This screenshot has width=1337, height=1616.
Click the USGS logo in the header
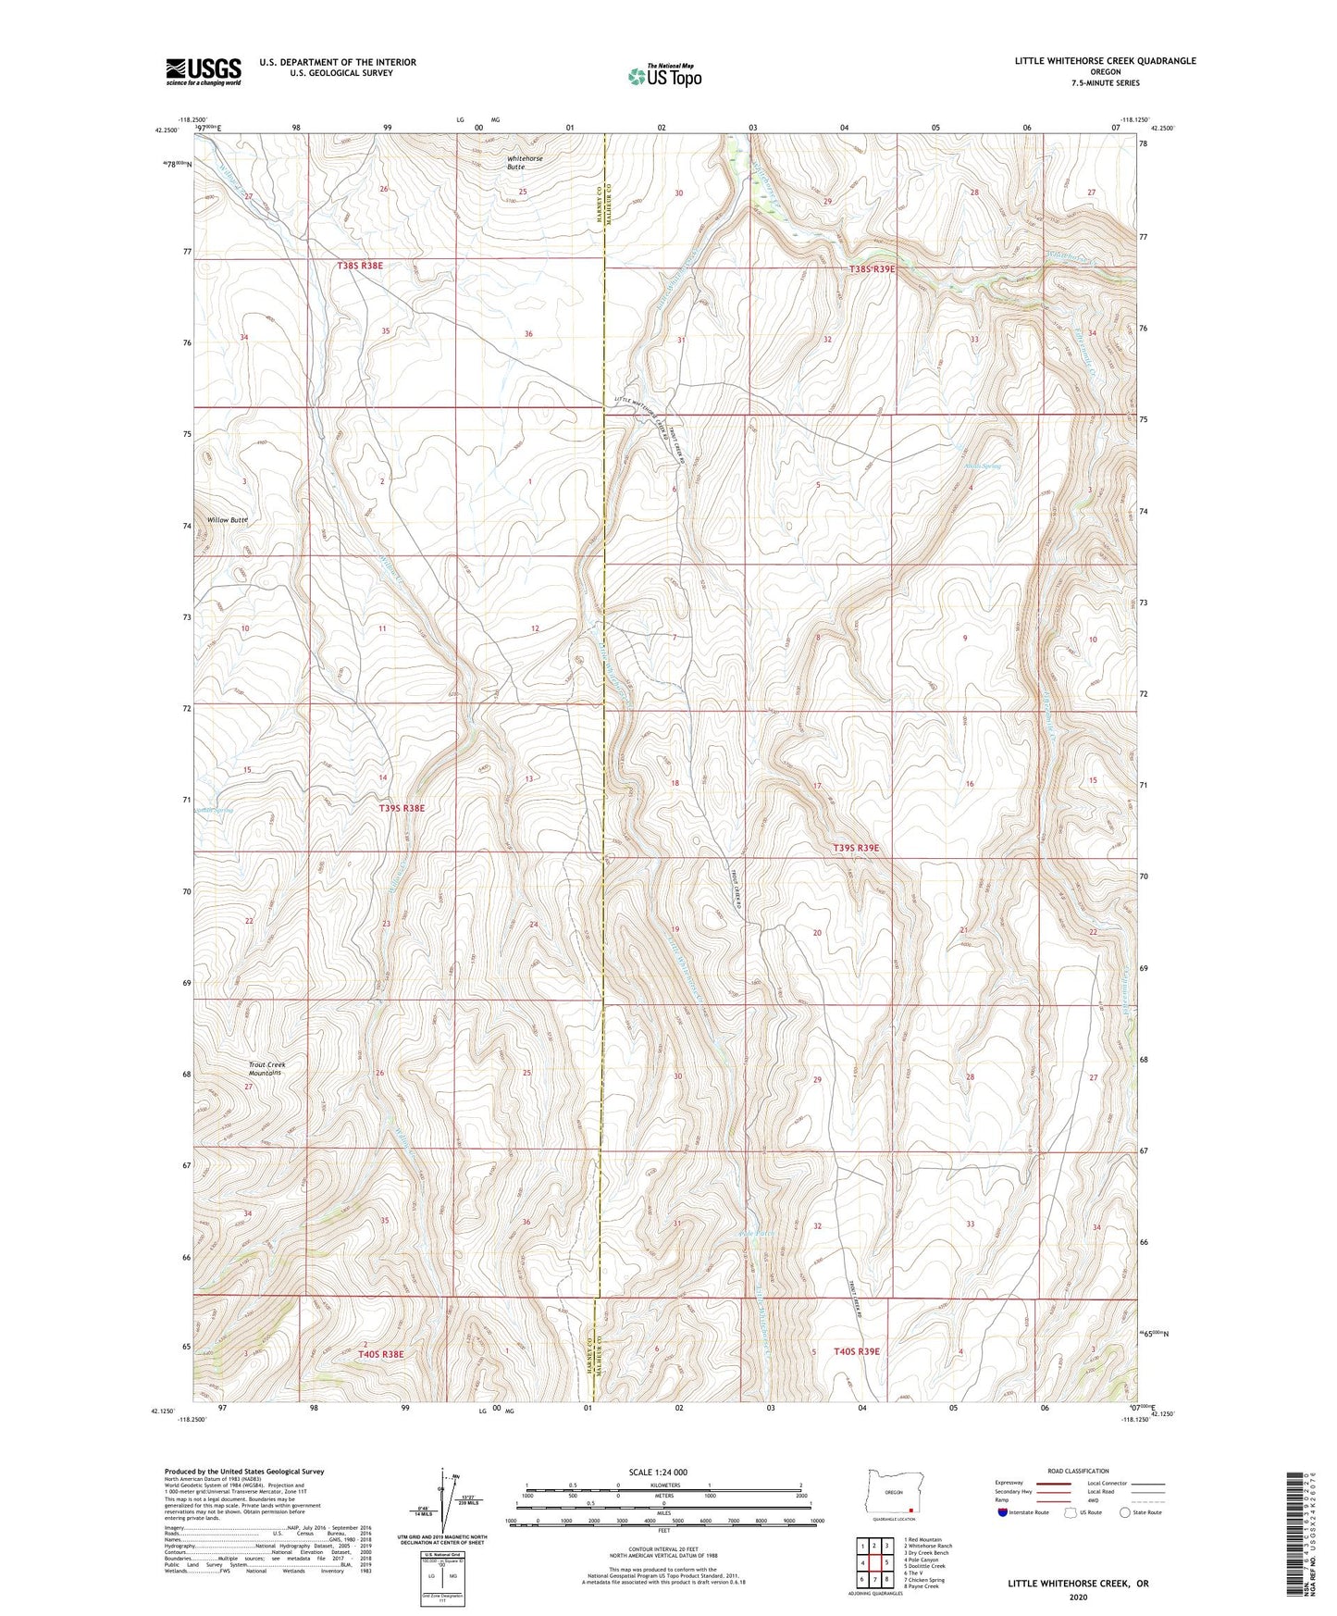pyautogui.click(x=204, y=70)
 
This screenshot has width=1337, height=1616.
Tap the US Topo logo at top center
pyautogui.click(x=664, y=76)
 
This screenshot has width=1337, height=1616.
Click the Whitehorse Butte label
pyautogui.click(x=525, y=163)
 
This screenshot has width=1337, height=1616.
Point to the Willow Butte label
pyautogui.click(x=227, y=520)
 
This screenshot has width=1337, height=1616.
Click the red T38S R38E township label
pyautogui.click(x=360, y=266)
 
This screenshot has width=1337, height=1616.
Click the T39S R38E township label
pyautogui.click(x=402, y=808)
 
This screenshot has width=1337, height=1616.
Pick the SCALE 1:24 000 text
pyautogui.click(x=657, y=1472)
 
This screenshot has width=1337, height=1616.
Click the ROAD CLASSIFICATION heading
pyautogui.click(x=1079, y=1471)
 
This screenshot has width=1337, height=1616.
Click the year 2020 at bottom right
pyautogui.click(x=1078, y=1597)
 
